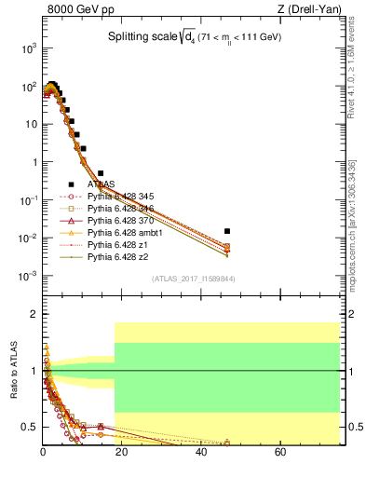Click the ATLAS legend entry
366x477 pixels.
pyautogui.click(x=101, y=184)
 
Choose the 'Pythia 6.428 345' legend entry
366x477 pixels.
pyautogui.click(x=119, y=197)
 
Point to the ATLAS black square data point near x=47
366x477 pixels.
pyautogui.click(x=227, y=230)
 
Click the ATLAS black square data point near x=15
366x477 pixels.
pyautogui.click(x=101, y=173)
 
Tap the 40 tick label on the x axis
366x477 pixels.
pyautogui.click(x=201, y=452)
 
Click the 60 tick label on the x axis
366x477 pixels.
pyautogui.click(x=280, y=452)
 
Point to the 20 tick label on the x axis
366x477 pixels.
pyautogui.click(x=122, y=452)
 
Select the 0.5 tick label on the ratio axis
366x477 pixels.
pyautogui.click(x=29, y=427)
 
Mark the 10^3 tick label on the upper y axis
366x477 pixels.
pyautogui.click(x=28, y=48)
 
